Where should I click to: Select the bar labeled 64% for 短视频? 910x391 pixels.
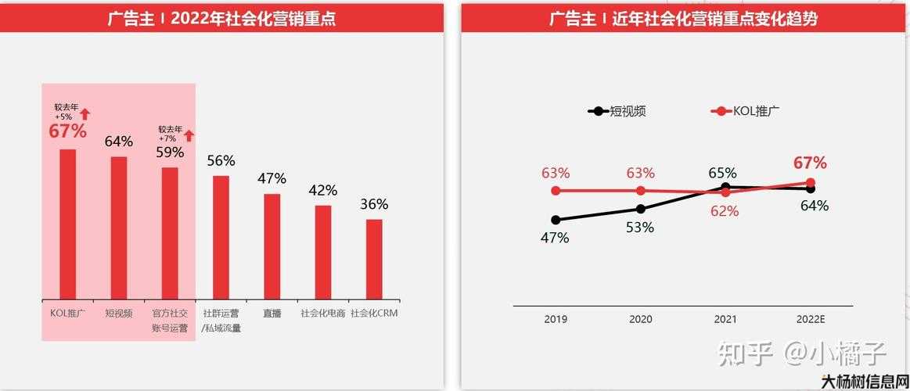tap(119, 228)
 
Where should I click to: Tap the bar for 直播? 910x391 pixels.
tap(272, 246)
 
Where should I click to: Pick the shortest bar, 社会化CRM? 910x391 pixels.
tap(374, 259)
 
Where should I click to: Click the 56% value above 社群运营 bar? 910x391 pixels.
tap(221, 160)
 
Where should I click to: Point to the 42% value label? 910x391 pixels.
tap(322, 190)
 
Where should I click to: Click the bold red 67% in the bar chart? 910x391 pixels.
tap(67, 131)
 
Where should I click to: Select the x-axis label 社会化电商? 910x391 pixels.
tap(322, 314)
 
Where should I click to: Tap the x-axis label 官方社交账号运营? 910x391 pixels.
tap(170, 321)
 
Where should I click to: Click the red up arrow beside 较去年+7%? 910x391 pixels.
tap(189, 135)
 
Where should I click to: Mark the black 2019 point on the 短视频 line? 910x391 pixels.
tap(556, 221)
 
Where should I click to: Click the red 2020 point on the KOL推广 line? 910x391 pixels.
tap(641, 191)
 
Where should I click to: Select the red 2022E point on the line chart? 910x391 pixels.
tap(811, 183)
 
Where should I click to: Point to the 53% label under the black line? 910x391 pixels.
tap(640, 228)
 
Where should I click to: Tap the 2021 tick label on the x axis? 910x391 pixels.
tap(725, 319)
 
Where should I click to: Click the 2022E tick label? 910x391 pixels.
tap(811, 319)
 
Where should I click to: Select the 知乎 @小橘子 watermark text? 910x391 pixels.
tap(802, 354)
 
